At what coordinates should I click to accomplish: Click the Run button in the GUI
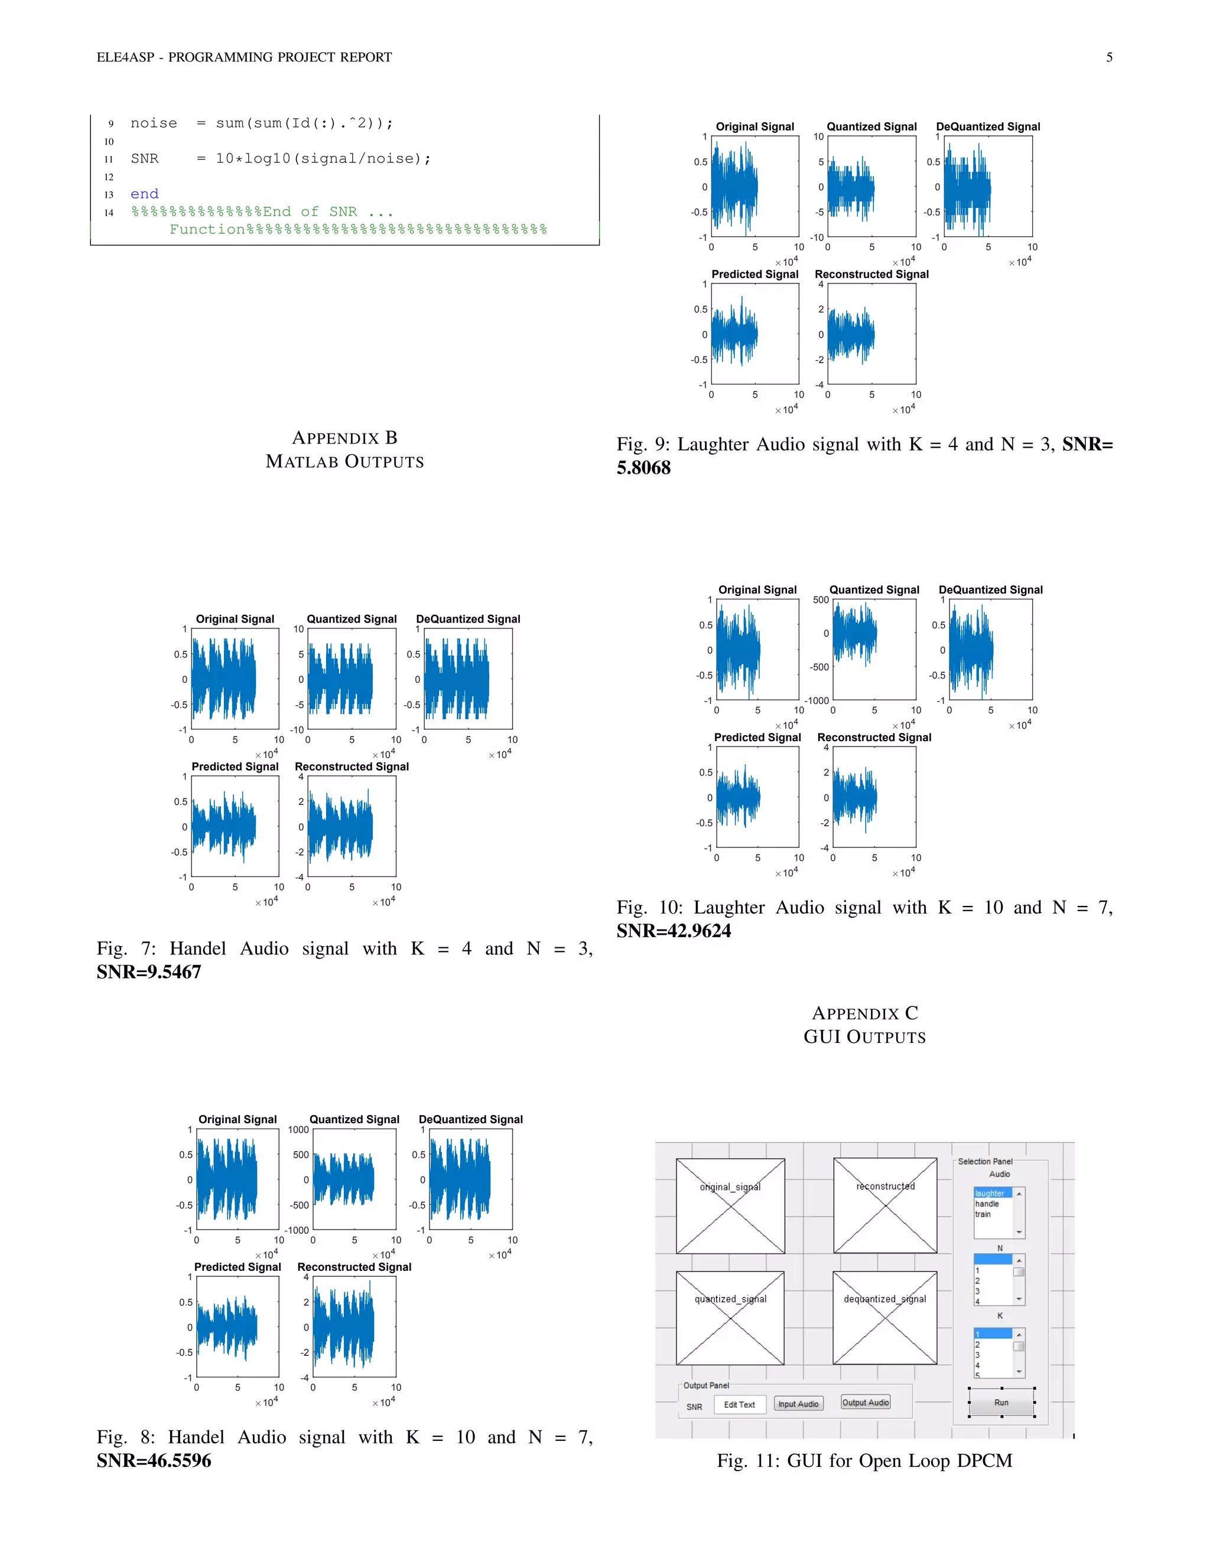[1001, 1403]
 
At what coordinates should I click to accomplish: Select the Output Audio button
[865, 1403]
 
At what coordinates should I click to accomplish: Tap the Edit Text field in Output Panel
[739, 1404]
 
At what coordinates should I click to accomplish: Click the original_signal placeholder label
[730, 1186]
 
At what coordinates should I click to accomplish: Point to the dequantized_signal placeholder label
[884, 1299]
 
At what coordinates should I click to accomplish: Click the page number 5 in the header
[1109, 57]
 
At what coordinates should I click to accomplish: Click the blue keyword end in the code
[144, 194]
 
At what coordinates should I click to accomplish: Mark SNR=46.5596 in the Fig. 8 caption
[154, 1460]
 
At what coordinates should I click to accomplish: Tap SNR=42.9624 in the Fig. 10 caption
[674, 931]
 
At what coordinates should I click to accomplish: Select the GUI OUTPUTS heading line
[864, 1037]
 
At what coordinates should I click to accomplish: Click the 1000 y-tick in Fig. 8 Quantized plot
[298, 1130]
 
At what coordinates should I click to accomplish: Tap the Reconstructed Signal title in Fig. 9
[871, 275]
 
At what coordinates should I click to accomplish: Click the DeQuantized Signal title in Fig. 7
[468, 619]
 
